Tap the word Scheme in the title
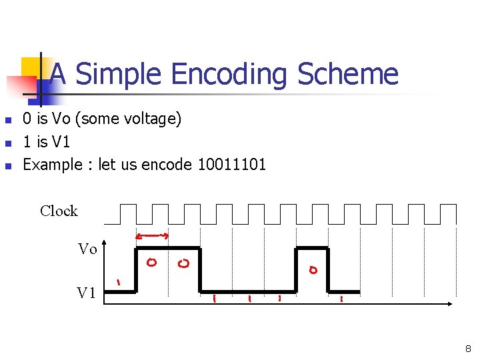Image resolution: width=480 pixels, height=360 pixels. pyautogui.click(x=347, y=74)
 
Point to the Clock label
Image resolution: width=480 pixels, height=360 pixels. pyautogui.click(x=59, y=211)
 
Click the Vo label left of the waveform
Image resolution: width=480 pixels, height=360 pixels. pyautogui.click(x=87, y=249)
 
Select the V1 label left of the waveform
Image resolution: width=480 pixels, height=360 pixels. pyautogui.click(x=87, y=293)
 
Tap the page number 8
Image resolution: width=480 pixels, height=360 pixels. pyautogui.click(x=468, y=349)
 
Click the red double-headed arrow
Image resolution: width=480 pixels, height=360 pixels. pyautogui.click(x=151, y=235)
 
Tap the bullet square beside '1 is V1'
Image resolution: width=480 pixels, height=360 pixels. pyautogui.click(x=8, y=143)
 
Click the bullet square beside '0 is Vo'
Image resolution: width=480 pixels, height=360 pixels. pyautogui.click(x=8, y=121)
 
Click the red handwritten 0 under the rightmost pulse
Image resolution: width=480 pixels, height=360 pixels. pyautogui.click(x=313, y=270)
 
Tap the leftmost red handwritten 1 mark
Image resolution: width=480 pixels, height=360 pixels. pyautogui.click(x=119, y=282)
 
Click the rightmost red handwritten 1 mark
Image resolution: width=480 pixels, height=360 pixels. pyautogui.click(x=341, y=299)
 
